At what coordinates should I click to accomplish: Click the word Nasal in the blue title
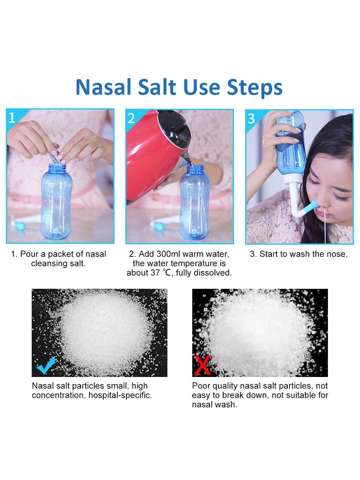tap(103, 87)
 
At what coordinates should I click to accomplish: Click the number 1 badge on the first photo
tap(12, 118)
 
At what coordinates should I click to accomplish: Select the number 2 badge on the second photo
tap(131, 118)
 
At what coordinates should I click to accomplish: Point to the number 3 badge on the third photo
tap(251, 119)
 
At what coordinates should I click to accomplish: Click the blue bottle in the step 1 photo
tap(56, 201)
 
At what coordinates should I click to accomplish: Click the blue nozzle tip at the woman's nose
tap(314, 205)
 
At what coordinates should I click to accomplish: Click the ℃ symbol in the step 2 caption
tap(166, 273)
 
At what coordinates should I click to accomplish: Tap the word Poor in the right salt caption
tap(201, 386)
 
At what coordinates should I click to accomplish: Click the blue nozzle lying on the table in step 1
tap(19, 226)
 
